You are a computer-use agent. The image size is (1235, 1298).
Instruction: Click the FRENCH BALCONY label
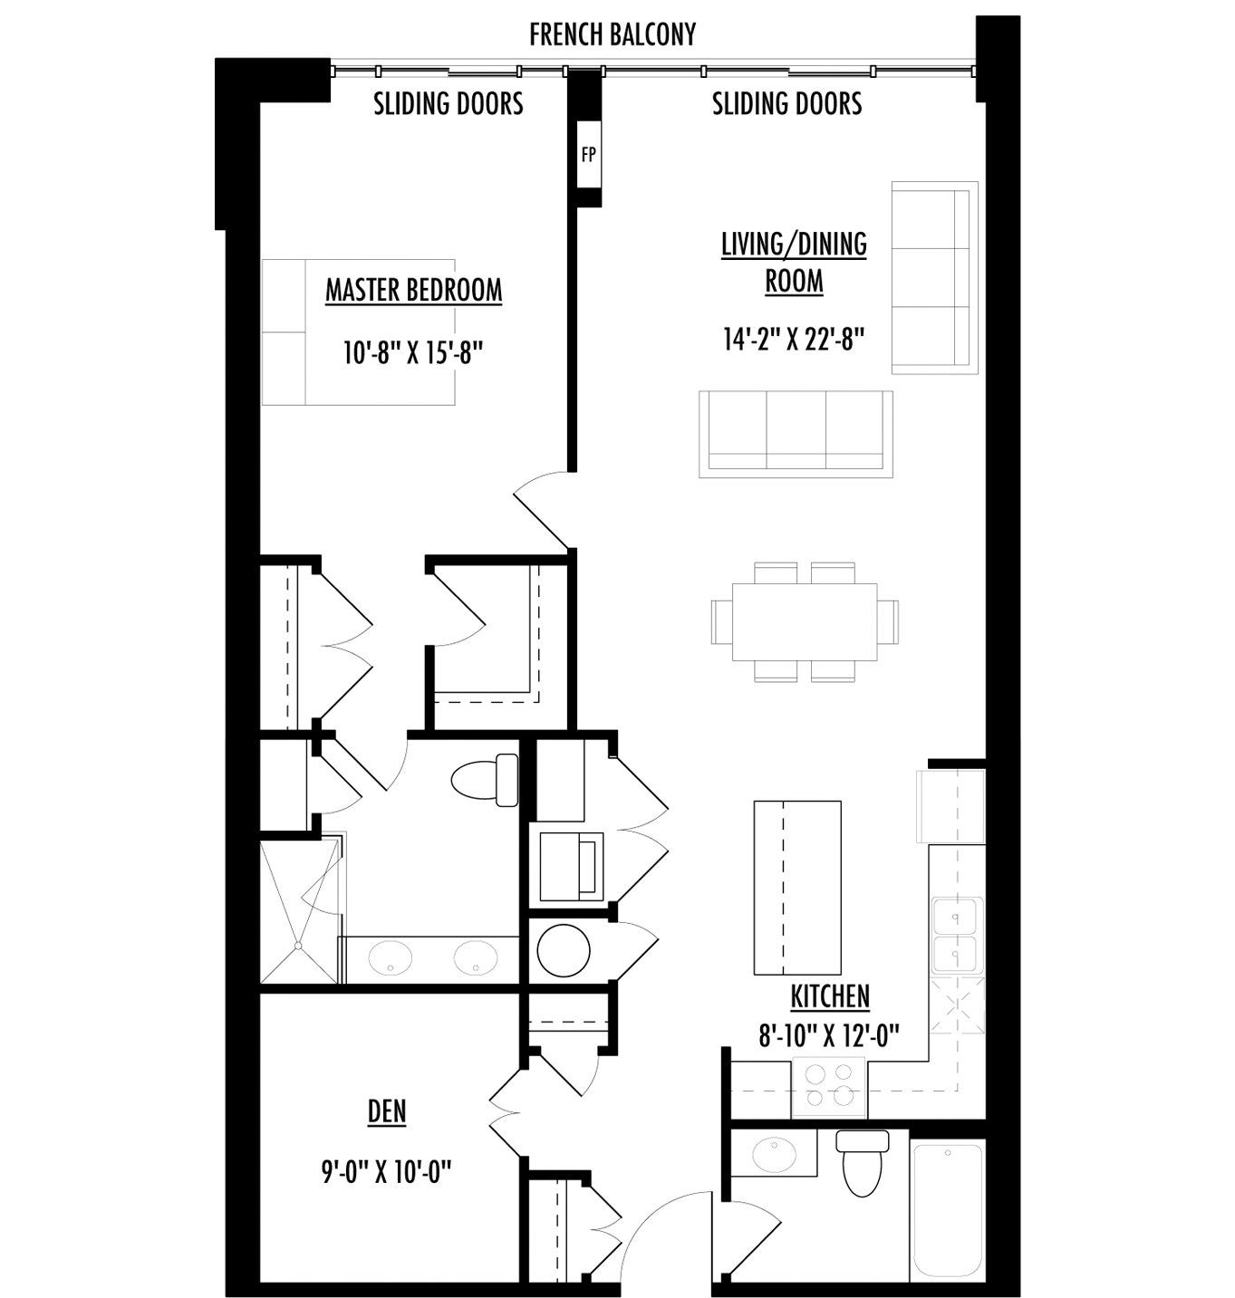point(613,34)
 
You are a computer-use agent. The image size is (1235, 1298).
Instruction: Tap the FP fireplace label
point(588,155)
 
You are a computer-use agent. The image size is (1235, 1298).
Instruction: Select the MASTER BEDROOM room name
point(413,291)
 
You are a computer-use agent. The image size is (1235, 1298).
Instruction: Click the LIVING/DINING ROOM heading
point(794,263)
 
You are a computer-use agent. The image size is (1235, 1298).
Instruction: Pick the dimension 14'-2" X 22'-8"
point(794,340)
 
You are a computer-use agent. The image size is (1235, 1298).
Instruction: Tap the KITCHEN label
point(830,996)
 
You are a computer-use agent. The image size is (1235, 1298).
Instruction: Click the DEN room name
point(387,1111)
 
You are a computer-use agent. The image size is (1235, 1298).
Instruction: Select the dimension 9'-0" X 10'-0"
point(386,1172)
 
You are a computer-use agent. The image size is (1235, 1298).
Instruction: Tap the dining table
point(805,621)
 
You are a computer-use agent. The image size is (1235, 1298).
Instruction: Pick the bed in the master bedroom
point(359,332)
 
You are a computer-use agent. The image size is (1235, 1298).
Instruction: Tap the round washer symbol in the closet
point(564,950)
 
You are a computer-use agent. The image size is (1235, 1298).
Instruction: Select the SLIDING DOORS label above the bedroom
point(449,103)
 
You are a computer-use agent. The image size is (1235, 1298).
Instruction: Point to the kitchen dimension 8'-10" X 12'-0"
point(829,1035)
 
